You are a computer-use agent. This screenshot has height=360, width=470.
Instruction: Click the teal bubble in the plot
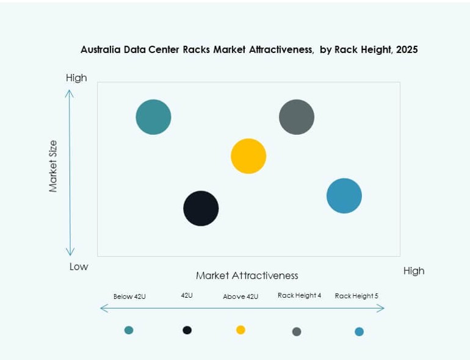click(x=153, y=117)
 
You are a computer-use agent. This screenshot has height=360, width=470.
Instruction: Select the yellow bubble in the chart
click(x=248, y=156)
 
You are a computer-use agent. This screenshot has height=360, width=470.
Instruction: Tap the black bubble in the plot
click(x=201, y=208)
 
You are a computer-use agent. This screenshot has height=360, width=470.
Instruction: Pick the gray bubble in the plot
click(x=297, y=117)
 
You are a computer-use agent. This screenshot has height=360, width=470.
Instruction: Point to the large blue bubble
click(x=344, y=196)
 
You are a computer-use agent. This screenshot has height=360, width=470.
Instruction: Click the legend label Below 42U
click(x=129, y=297)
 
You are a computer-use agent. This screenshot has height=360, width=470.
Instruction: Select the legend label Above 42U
click(x=240, y=297)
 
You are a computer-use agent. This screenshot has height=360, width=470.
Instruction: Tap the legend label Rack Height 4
click(x=299, y=295)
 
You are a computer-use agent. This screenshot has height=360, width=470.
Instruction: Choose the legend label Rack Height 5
click(x=356, y=296)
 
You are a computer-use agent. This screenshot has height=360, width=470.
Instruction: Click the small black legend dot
click(x=187, y=330)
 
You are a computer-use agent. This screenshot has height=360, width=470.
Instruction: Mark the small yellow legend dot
click(x=240, y=330)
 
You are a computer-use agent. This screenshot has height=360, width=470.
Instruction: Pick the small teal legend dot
click(x=129, y=330)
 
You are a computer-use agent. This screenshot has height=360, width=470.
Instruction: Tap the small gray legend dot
click(x=297, y=332)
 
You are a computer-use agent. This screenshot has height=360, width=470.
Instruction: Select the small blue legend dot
click(x=359, y=332)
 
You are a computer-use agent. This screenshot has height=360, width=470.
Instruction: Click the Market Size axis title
click(x=53, y=166)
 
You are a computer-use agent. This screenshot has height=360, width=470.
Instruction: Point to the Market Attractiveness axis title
click(x=247, y=275)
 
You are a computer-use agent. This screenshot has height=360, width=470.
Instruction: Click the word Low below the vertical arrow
click(x=79, y=267)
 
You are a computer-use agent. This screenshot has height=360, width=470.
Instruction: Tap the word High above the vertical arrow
click(x=76, y=77)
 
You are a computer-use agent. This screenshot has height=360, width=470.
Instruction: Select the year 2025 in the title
click(x=407, y=50)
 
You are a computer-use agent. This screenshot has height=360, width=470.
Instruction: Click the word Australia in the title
click(x=101, y=50)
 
